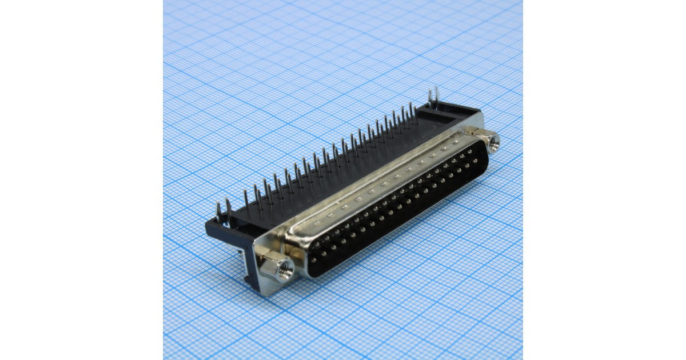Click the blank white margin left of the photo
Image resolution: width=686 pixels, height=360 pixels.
click(x=80, y=180)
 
